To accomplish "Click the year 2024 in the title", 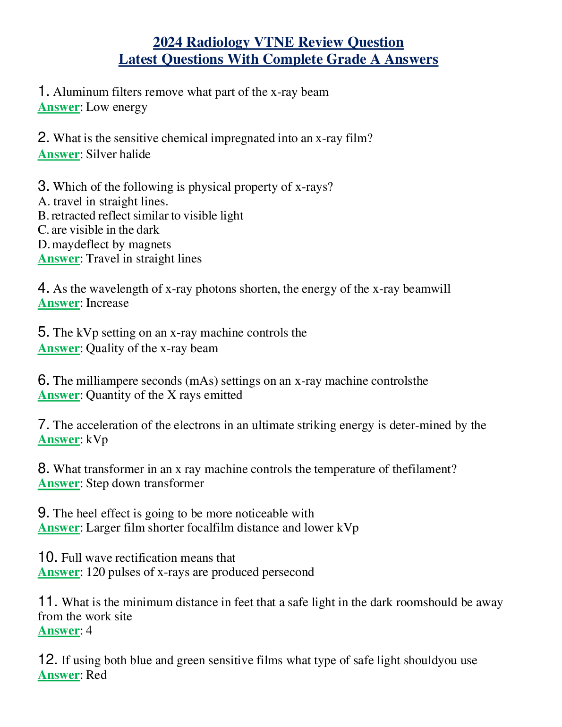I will (x=168, y=42).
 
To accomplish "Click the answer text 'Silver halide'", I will (x=118, y=154).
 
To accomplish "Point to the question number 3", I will (x=43, y=186).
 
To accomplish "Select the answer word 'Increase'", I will (x=107, y=303).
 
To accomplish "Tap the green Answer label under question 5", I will (x=59, y=348).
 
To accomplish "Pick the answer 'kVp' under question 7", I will (x=97, y=440).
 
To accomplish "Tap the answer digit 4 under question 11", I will (x=89, y=631).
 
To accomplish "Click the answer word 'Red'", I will (x=96, y=675).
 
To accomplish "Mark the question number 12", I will (x=47, y=660).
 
